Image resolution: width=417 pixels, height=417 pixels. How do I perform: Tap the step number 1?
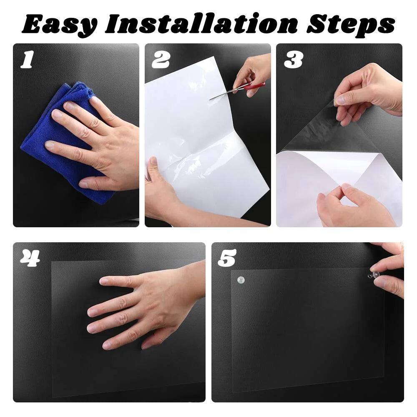[27, 60]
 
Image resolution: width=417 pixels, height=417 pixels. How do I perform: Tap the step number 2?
[161, 60]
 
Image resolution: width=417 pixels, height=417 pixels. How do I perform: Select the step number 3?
[293, 60]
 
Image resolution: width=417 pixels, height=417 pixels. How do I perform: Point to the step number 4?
[30, 258]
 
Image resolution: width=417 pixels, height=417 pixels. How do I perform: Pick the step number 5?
[227, 258]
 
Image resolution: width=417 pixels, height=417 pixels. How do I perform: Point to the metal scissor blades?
[223, 95]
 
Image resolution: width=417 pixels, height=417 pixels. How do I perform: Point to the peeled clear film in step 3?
[317, 133]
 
